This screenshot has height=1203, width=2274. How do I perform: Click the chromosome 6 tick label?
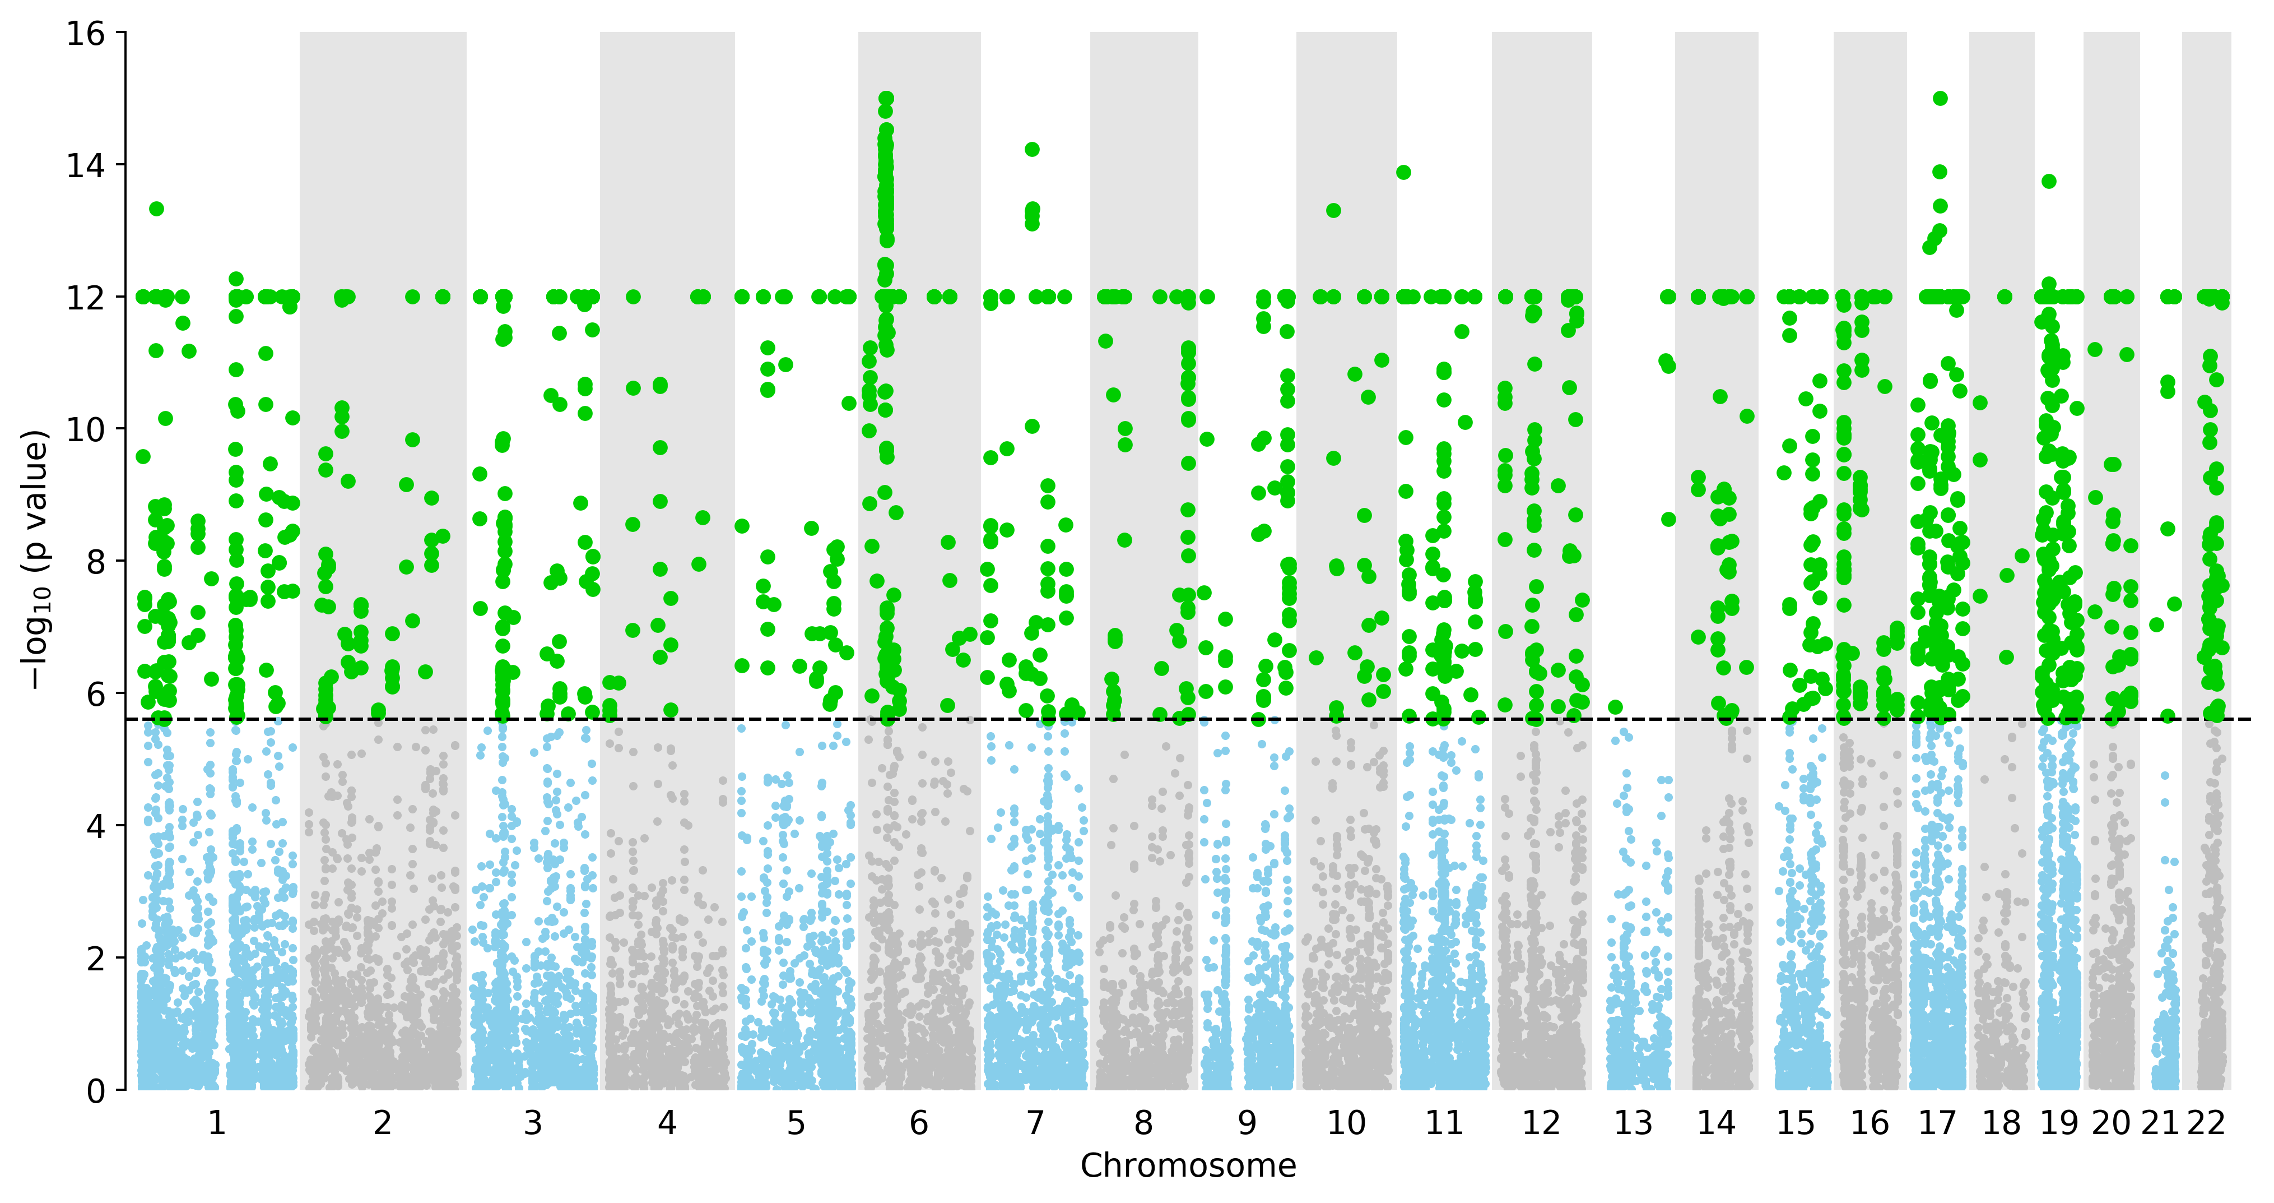point(919,1123)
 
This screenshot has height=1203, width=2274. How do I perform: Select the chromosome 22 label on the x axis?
point(2206,1123)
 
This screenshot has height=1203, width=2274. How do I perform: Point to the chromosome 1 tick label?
point(216,1123)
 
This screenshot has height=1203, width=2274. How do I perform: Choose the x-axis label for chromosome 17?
point(1938,1123)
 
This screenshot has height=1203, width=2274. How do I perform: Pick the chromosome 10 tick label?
point(1346,1123)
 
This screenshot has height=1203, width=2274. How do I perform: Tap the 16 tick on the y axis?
point(86,34)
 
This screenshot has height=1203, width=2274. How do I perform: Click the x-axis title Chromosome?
point(1188,1166)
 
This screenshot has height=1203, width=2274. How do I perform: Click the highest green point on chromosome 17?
point(1940,98)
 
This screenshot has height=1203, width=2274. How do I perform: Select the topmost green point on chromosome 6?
point(886,98)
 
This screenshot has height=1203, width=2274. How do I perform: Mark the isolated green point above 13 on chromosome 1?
point(156,209)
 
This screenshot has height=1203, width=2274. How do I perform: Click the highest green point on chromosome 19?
point(2049,181)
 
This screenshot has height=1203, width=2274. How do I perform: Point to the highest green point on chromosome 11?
point(1403,172)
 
